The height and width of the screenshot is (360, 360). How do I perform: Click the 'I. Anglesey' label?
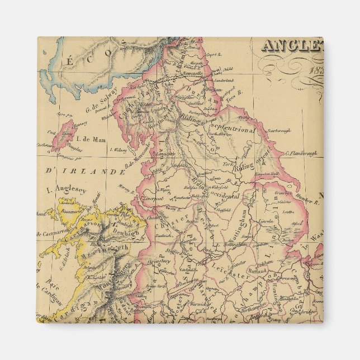coord(65,190)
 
